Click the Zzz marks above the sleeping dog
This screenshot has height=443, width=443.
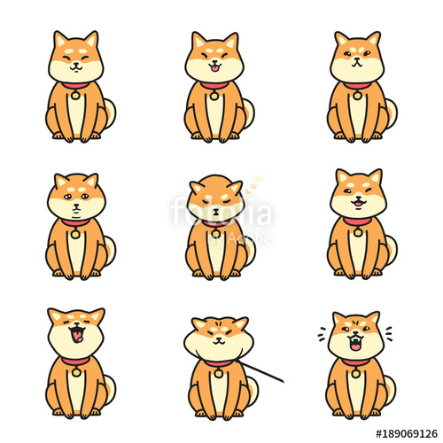[254, 183]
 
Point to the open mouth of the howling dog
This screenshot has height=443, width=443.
[76, 333]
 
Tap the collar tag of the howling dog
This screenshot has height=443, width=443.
[75, 371]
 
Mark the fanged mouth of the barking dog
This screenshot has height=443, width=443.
[355, 342]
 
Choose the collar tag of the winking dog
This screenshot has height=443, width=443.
[357, 232]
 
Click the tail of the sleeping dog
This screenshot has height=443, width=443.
[251, 251]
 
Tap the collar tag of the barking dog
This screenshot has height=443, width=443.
[355, 372]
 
